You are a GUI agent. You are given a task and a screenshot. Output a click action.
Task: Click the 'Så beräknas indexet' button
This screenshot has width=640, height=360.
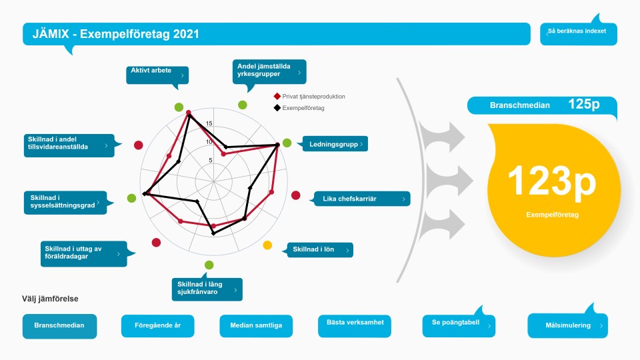[x=579, y=33]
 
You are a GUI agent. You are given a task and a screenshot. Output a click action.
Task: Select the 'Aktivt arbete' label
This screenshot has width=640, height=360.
[x=157, y=75]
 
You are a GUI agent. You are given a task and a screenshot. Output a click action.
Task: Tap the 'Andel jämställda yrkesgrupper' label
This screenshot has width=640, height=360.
[x=269, y=71]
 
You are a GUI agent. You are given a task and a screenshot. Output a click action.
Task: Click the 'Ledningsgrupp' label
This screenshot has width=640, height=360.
[x=335, y=144]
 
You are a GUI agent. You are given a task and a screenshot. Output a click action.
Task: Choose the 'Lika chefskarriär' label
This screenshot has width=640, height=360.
[x=362, y=199]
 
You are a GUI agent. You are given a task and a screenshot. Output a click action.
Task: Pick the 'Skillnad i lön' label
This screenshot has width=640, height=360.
[x=320, y=250]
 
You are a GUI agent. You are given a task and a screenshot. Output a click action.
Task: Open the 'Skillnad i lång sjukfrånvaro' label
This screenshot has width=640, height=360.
[x=207, y=289]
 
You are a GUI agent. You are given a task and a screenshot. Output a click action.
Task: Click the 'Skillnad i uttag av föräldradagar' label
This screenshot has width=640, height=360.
[x=84, y=253]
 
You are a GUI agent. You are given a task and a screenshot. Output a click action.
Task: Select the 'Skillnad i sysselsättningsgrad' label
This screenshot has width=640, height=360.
[x=65, y=203]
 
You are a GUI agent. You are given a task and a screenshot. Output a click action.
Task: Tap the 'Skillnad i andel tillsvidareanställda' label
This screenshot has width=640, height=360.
[x=69, y=145]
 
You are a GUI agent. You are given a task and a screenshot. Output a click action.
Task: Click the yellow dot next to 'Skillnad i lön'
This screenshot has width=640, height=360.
[x=267, y=245]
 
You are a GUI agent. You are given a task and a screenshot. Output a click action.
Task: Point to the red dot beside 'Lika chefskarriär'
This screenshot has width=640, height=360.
[x=296, y=195]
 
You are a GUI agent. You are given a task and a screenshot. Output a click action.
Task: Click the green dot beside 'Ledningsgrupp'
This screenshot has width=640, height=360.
[x=287, y=143]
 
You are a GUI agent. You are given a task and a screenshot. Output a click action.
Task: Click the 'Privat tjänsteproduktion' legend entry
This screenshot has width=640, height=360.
[x=309, y=96]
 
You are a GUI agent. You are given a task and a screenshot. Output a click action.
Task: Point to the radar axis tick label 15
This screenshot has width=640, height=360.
[x=209, y=123]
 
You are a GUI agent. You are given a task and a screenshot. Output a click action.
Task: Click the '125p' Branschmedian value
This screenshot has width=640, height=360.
[x=584, y=104]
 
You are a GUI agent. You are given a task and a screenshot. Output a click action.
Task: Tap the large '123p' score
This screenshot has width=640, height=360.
[x=552, y=181]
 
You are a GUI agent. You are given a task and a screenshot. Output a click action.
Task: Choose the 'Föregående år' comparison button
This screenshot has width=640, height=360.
[x=157, y=326]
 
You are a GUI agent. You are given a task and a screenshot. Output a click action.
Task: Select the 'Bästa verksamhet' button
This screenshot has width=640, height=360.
[x=355, y=326]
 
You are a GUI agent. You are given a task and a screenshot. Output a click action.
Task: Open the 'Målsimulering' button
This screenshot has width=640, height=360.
[x=568, y=326]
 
